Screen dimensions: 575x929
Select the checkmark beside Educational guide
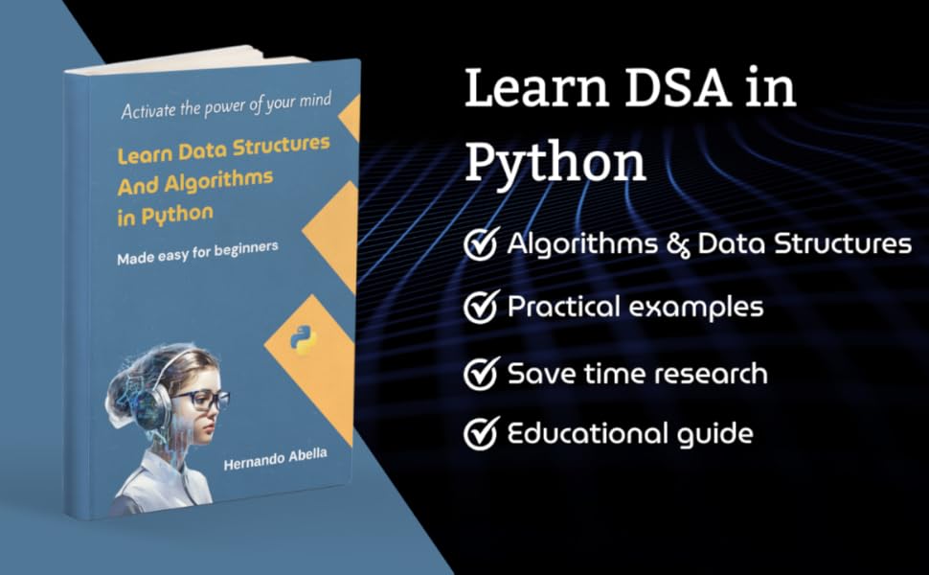481,433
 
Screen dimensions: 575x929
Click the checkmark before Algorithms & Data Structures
481,244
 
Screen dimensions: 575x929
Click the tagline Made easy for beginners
197,252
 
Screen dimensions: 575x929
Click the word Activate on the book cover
150,110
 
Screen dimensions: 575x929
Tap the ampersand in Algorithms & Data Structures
676,244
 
